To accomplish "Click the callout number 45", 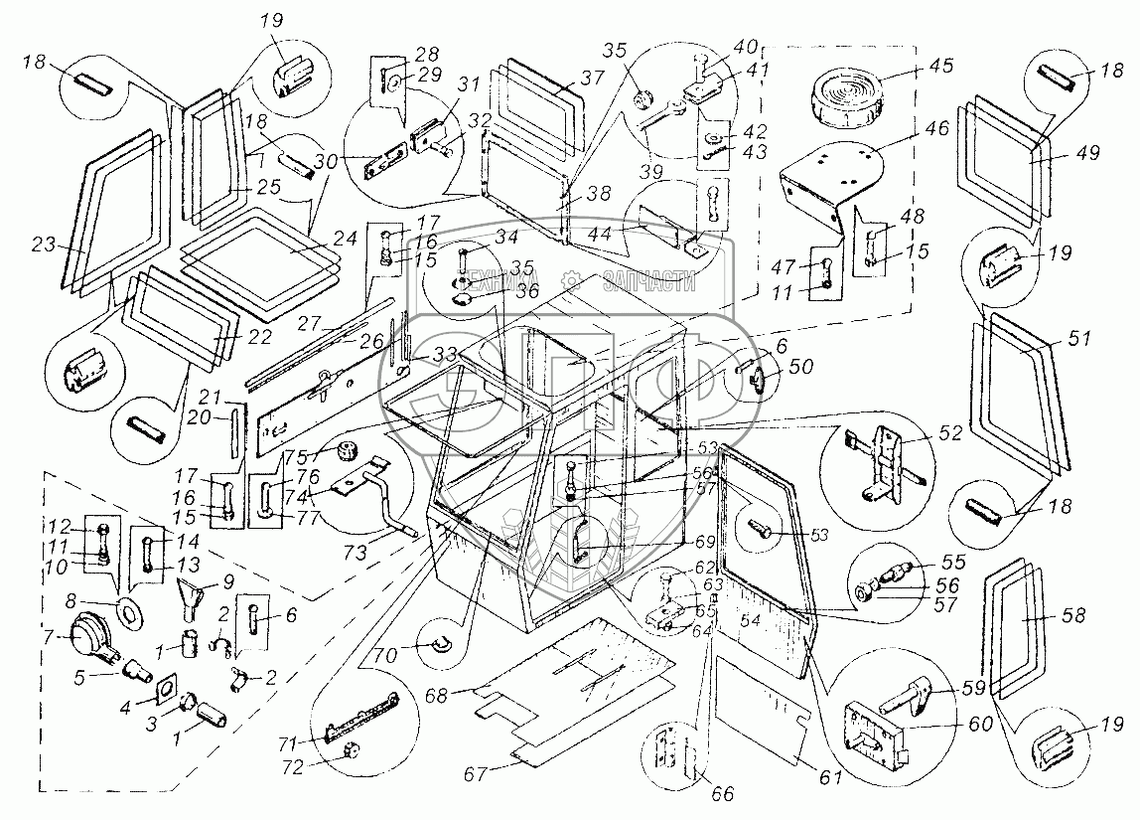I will [x=940, y=66].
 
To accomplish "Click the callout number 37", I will [x=593, y=79].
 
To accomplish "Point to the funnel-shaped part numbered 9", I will [x=192, y=597].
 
